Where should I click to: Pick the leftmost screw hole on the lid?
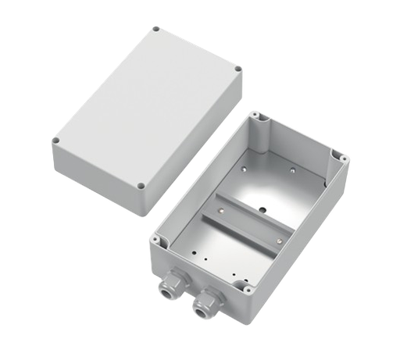[x=56, y=141]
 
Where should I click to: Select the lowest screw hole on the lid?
[x=140, y=187]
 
